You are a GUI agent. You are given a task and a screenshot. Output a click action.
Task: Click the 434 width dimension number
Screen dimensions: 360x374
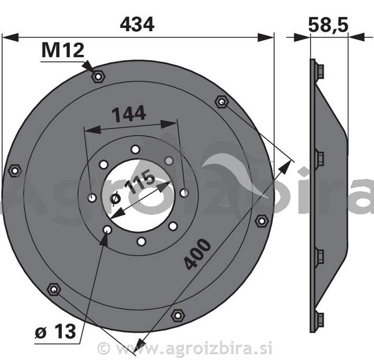[x=137, y=24]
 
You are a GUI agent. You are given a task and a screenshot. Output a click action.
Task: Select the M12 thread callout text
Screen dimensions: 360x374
[x=63, y=51]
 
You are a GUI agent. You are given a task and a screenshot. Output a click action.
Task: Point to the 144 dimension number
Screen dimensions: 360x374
[x=128, y=113]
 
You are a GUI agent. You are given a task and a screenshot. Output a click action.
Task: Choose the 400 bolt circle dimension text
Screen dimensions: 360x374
[x=198, y=254]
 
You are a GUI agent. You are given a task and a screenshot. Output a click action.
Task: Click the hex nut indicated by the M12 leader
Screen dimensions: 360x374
[x=98, y=77]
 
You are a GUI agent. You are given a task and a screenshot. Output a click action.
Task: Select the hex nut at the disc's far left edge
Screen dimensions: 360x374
[x=15, y=170]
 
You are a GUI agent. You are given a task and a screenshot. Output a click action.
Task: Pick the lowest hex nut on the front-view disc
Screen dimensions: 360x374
[x=177, y=316]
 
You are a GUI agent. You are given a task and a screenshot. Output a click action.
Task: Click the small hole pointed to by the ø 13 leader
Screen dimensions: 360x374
[x=107, y=230]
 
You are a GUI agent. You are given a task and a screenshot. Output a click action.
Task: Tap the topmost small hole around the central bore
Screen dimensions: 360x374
[x=136, y=149]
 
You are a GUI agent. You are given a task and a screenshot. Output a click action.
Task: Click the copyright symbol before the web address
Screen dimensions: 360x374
[x=104, y=348]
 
